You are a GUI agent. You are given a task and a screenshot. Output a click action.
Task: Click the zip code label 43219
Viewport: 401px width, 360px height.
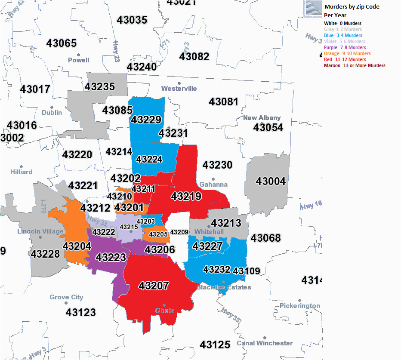click(x=186, y=197)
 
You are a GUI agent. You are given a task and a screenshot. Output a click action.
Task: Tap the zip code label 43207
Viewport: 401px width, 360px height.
click(x=154, y=286)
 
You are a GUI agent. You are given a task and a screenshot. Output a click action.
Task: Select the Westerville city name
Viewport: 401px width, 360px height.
click(x=179, y=89)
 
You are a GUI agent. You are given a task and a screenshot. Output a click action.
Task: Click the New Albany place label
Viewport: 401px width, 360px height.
click(x=262, y=118)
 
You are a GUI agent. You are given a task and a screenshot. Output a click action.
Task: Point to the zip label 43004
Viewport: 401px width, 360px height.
click(x=270, y=181)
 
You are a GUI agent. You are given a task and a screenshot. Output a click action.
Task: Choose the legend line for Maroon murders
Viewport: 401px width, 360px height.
click(x=355, y=66)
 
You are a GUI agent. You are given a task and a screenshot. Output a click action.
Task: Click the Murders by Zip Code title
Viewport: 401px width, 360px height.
click(x=352, y=7)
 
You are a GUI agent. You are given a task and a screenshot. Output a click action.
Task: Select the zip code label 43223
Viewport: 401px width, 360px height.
click(x=111, y=257)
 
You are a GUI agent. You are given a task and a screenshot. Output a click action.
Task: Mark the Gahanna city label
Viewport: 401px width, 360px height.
click(x=213, y=185)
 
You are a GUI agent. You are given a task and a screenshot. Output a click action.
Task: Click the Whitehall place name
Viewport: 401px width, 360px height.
click(x=209, y=232)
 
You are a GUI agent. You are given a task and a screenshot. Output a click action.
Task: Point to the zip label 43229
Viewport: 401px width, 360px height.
click(x=146, y=120)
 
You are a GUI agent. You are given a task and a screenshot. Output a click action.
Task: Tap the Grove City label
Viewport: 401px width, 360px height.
click(x=66, y=297)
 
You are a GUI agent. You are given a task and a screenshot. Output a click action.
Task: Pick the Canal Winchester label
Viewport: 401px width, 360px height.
click(x=265, y=343)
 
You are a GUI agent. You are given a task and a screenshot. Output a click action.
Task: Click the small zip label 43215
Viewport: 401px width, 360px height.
click(x=129, y=227)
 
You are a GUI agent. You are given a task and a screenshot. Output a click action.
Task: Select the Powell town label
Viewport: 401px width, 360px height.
click(x=78, y=60)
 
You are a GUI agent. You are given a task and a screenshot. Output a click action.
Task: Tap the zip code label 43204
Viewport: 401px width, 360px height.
click(x=77, y=246)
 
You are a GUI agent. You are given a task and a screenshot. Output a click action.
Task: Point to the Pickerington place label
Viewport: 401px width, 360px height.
click(x=300, y=306)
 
